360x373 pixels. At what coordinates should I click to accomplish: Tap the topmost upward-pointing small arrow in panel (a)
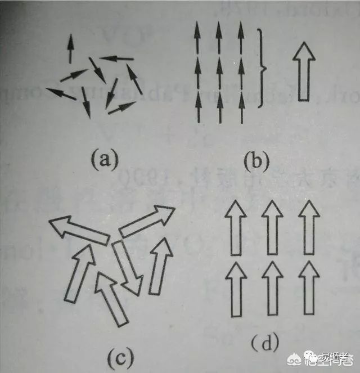coord(70,48)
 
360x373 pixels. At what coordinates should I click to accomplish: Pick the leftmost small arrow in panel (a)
coord(61,94)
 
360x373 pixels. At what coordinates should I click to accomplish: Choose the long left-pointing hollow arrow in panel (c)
coord(78,230)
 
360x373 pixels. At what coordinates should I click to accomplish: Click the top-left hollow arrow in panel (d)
coord(235,228)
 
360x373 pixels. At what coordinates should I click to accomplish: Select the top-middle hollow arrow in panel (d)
coord(272,228)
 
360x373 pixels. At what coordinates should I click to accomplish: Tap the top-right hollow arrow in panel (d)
coord(309,228)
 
